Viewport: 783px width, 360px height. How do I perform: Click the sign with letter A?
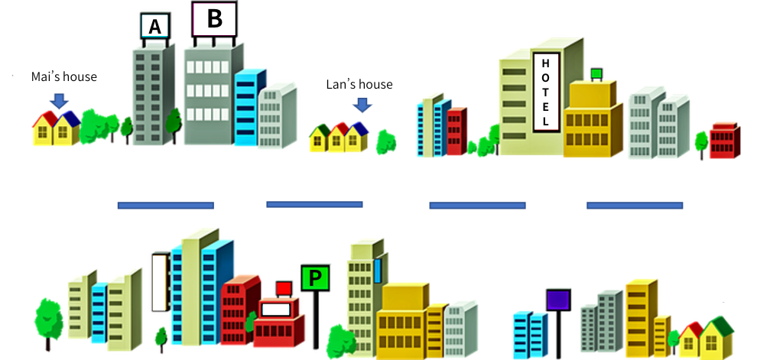(x=154, y=27)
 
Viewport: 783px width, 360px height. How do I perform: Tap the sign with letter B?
(x=214, y=19)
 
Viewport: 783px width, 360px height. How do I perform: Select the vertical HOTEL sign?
(x=545, y=91)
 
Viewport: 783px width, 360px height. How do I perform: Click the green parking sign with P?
(x=315, y=277)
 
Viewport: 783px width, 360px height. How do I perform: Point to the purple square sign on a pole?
(x=558, y=300)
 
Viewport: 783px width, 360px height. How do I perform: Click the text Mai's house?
(x=64, y=76)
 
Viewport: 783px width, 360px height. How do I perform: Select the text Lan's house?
(x=359, y=84)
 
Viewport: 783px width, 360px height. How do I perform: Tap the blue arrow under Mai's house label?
(x=59, y=100)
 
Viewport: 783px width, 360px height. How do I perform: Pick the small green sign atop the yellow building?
(x=596, y=73)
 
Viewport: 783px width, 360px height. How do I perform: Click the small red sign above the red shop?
(x=284, y=288)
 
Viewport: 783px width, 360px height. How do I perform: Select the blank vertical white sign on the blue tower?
(x=160, y=283)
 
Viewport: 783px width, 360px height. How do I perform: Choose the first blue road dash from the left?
(x=165, y=205)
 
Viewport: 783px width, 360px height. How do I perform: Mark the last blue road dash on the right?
(x=634, y=205)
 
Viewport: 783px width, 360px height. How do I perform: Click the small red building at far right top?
(x=724, y=141)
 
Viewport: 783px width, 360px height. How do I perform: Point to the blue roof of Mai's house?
(x=70, y=118)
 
